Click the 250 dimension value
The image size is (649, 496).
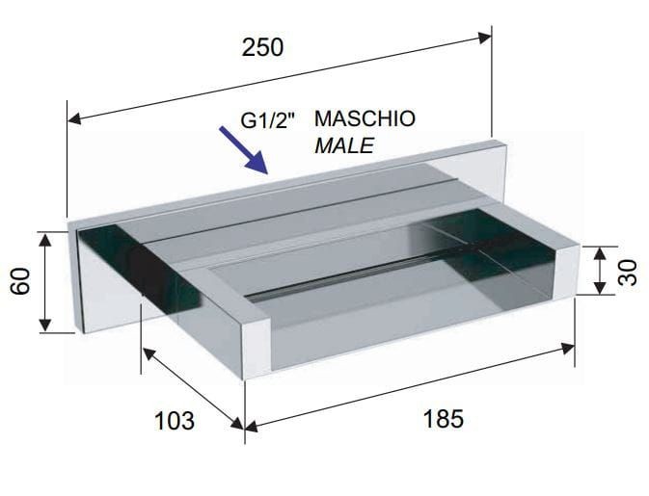tap(263, 47)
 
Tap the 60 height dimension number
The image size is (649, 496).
tap(20, 281)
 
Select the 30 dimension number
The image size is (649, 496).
tap(627, 272)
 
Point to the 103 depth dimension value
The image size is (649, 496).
tap(175, 421)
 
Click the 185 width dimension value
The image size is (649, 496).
tap(444, 419)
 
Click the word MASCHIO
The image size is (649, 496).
tap(365, 118)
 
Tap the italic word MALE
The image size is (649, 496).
tap(344, 145)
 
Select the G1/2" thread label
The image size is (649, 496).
tap(269, 120)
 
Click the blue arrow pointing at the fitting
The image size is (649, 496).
tap(244, 149)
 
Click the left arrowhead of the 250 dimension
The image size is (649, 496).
tap(73, 119)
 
